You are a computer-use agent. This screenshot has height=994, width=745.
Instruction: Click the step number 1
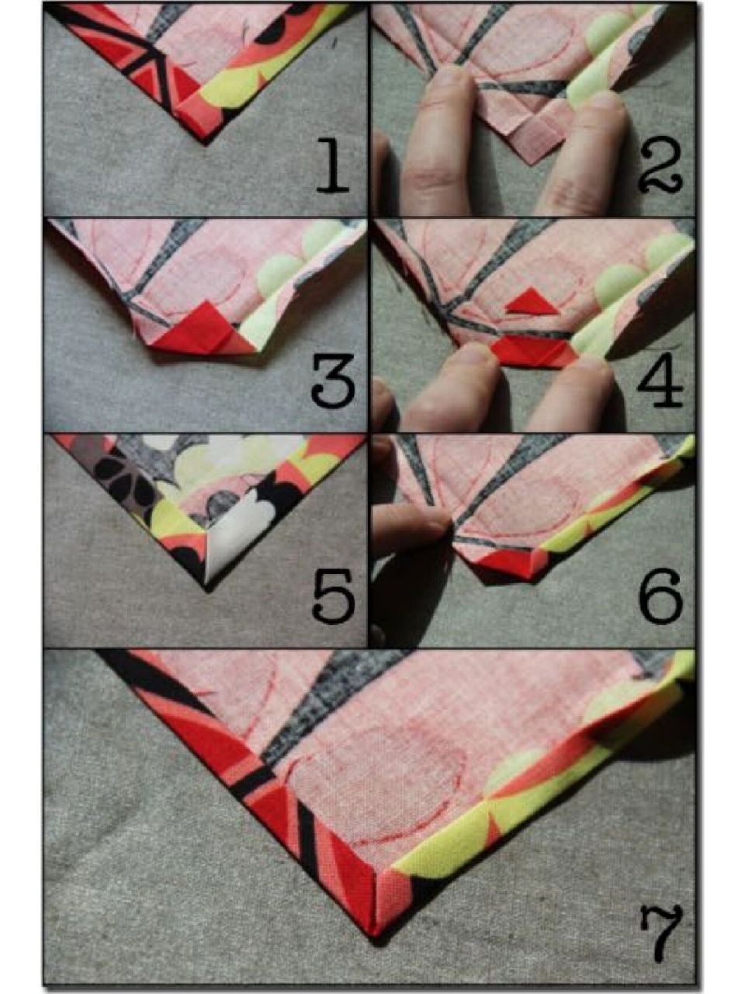click(332, 167)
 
